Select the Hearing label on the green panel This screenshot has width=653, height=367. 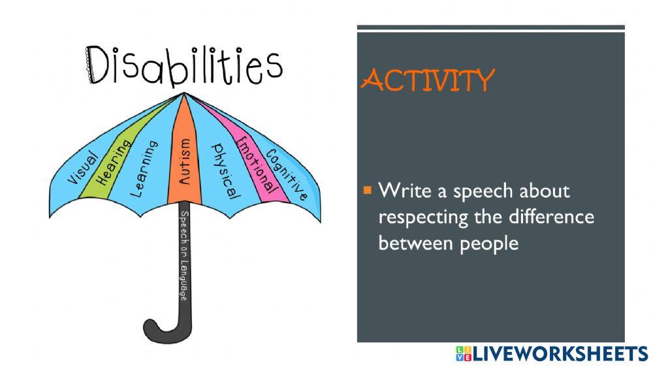pyautogui.click(x=111, y=161)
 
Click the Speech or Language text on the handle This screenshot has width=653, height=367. pyautogui.click(x=184, y=255)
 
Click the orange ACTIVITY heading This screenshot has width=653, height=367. pyautogui.click(x=428, y=80)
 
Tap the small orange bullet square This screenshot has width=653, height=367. pyautogui.click(x=367, y=191)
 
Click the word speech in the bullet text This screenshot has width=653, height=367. pyautogui.click(x=488, y=192)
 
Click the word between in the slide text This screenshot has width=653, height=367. pyautogui.click(x=412, y=243)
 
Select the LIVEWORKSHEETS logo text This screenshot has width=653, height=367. pyautogui.click(x=560, y=353)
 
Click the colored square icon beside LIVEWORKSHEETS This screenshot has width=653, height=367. pyautogui.click(x=463, y=353)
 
